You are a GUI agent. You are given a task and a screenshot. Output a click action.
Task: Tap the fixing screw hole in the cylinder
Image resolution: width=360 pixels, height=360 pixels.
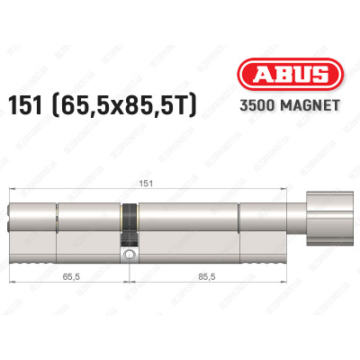(132, 256)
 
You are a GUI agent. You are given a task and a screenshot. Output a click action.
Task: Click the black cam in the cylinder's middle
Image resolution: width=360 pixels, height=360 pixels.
(131, 220)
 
